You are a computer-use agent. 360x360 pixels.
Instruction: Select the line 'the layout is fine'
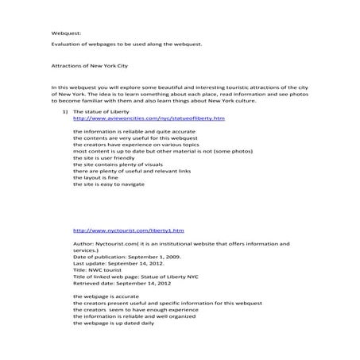(x=98, y=178)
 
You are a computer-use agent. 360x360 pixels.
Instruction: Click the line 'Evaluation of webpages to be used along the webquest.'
(x=127, y=45)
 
